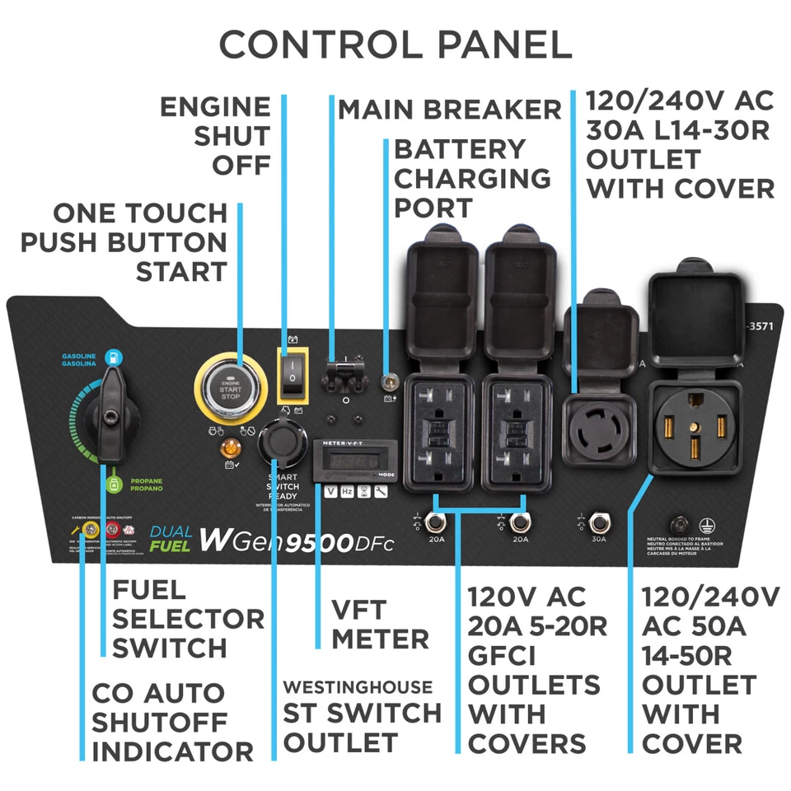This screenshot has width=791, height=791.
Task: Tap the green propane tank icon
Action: tap(111, 475)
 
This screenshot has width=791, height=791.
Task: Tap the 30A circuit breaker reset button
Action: tap(599, 522)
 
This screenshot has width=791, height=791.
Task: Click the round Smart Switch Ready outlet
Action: tap(280, 446)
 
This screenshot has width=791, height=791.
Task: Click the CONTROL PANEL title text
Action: tap(395, 44)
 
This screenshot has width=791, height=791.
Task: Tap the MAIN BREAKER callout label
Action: tap(449, 109)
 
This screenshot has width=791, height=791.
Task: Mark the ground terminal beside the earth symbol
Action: tap(680, 523)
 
